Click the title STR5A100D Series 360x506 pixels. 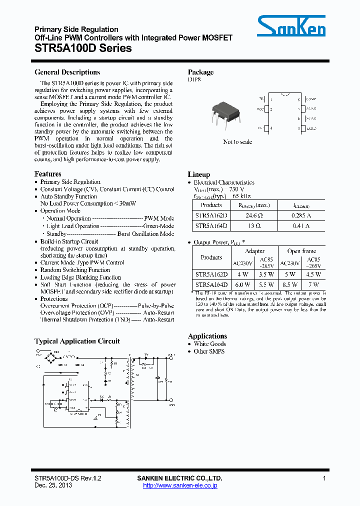coord(83,48)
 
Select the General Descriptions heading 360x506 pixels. coord(67,72)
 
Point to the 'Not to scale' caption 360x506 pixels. coord(237,142)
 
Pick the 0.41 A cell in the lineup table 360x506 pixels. coord(300,226)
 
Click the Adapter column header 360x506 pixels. coord(255,251)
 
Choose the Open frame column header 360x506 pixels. coord(301,251)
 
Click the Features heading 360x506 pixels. coord(48,174)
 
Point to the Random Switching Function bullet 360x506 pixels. coord(75,270)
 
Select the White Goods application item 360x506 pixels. coord(210,344)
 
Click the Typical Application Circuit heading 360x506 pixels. coord(77,341)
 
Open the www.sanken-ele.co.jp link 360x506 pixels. coord(180,485)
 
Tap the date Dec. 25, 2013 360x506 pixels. coord(53,485)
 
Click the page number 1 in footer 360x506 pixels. coord(324,478)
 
